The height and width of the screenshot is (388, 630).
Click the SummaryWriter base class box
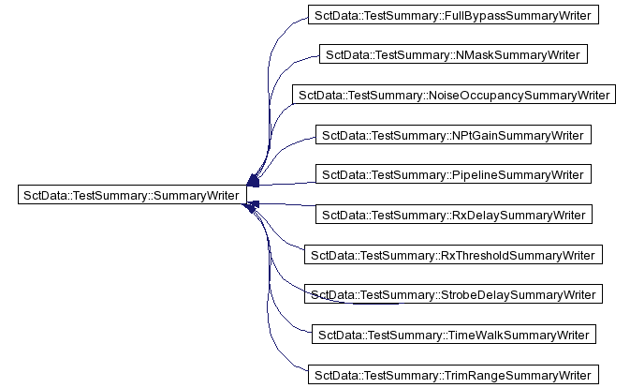point(132,195)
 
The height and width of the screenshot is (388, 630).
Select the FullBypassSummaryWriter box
point(453,15)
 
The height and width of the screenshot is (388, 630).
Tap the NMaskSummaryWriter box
point(453,54)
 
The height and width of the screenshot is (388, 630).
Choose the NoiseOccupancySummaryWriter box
point(454,95)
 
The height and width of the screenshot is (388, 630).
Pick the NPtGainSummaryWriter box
point(453,135)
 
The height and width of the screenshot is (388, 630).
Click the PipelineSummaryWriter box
point(453,174)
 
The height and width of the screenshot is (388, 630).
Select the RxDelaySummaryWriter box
point(454,215)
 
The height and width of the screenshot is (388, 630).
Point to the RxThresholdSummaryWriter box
point(453,255)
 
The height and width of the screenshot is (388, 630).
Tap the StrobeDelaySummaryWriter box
point(453,294)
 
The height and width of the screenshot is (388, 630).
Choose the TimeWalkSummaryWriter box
point(454,335)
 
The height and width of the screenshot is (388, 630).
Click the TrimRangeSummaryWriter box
point(453,374)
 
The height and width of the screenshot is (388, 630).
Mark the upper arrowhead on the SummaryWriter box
point(253,181)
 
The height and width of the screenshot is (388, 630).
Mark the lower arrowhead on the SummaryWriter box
point(251,207)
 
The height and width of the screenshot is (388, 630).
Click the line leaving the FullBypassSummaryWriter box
point(268,81)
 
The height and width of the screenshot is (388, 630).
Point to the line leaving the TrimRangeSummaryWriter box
point(267,306)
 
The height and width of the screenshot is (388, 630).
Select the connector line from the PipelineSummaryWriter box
point(287,184)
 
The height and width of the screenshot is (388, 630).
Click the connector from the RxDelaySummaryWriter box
point(287,204)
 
